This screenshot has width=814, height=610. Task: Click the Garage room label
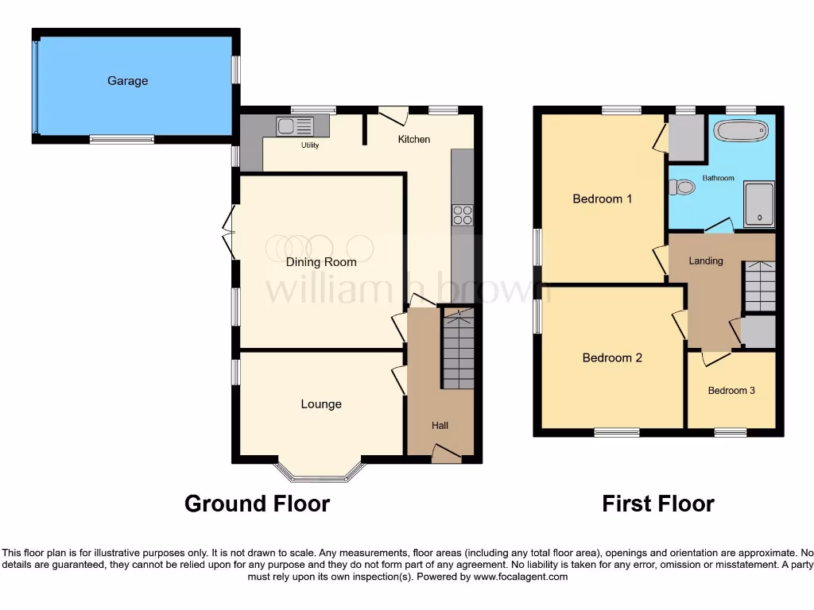click(x=128, y=81)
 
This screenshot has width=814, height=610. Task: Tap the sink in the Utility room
click(x=295, y=125)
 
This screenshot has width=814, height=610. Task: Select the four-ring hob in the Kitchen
click(x=463, y=215)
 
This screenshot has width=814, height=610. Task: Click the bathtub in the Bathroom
click(x=741, y=130)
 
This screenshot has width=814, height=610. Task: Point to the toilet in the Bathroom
click(x=681, y=187)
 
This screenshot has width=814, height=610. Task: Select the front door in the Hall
click(x=446, y=454)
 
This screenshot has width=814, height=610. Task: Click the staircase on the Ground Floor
click(x=458, y=349)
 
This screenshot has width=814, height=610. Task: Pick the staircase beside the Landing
click(x=759, y=286)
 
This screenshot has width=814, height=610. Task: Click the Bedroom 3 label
click(x=731, y=391)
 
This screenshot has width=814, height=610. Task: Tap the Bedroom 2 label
click(x=612, y=358)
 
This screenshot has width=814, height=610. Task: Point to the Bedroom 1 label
click(x=603, y=199)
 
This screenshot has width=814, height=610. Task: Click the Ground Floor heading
click(x=257, y=504)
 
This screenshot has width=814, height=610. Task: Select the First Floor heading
click(x=658, y=504)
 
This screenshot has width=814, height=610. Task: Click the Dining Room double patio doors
click(x=231, y=232)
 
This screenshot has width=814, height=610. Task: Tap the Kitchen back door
click(x=393, y=115)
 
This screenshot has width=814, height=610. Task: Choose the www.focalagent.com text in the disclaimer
click(x=520, y=577)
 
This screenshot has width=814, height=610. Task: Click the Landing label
click(x=706, y=261)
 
